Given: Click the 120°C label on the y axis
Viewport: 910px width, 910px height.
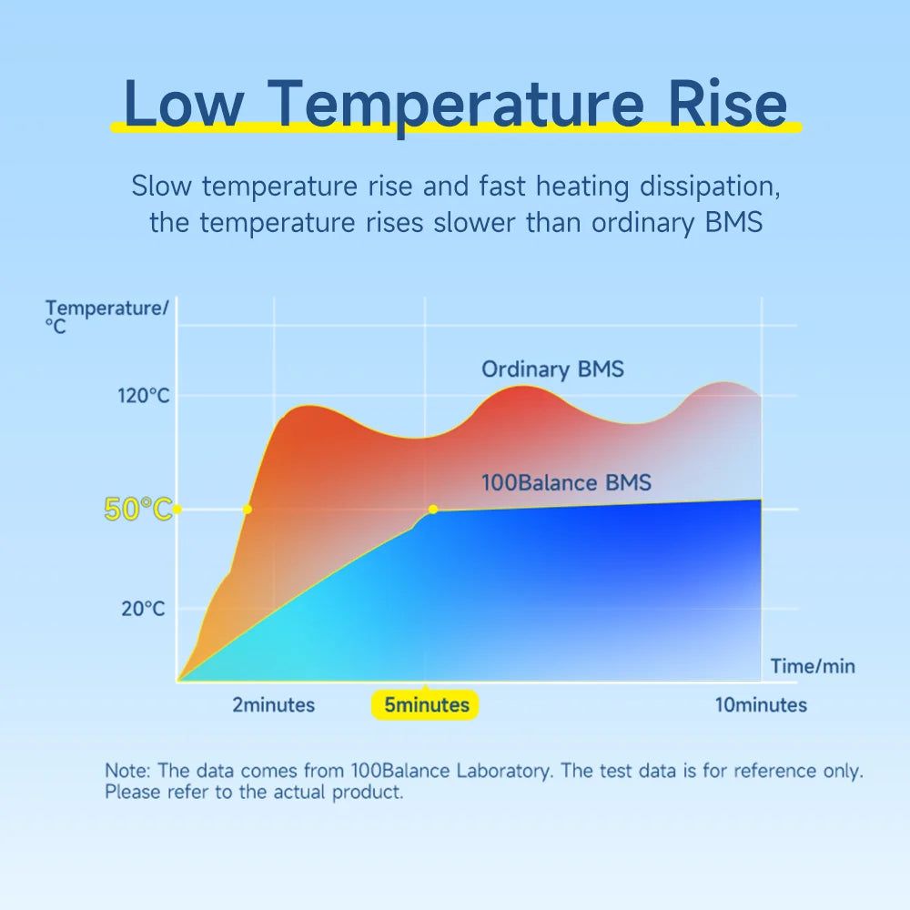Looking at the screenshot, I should pyautogui.click(x=144, y=396).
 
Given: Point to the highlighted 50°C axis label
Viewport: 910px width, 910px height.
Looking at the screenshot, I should pyautogui.click(x=137, y=510).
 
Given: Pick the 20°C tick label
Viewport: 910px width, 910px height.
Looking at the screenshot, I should pyautogui.click(x=144, y=609).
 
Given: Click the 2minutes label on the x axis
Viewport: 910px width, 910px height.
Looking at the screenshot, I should pyautogui.click(x=273, y=705).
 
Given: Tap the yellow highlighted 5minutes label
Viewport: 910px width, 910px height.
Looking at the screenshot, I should pyautogui.click(x=426, y=705).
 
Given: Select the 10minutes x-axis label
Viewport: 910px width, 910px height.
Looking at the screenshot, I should pyautogui.click(x=761, y=705).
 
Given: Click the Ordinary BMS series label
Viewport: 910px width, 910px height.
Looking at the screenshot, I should pyautogui.click(x=552, y=369).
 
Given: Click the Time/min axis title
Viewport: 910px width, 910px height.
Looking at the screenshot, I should pyautogui.click(x=813, y=666).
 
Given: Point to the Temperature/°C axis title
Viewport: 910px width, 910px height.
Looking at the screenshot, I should pyautogui.click(x=106, y=316).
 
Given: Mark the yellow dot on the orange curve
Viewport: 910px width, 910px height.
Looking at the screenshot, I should pyautogui.click(x=248, y=510).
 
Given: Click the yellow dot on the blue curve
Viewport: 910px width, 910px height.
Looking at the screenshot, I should pyautogui.click(x=433, y=510).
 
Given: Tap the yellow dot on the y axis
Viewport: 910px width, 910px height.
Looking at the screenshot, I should pyautogui.click(x=177, y=510).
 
